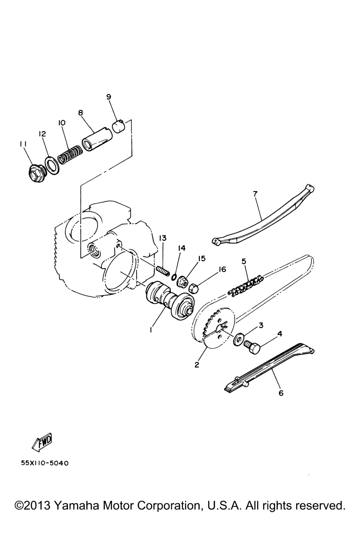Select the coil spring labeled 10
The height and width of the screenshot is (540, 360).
pyautogui.click(x=70, y=155)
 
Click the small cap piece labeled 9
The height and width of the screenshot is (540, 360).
pyautogui.click(x=119, y=126)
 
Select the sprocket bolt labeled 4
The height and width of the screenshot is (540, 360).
pyautogui.click(x=252, y=347)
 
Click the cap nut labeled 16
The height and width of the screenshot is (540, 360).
pyautogui.click(x=193, y=288)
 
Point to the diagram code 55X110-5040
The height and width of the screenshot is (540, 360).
pyautogui.click(x=45, y=464)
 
